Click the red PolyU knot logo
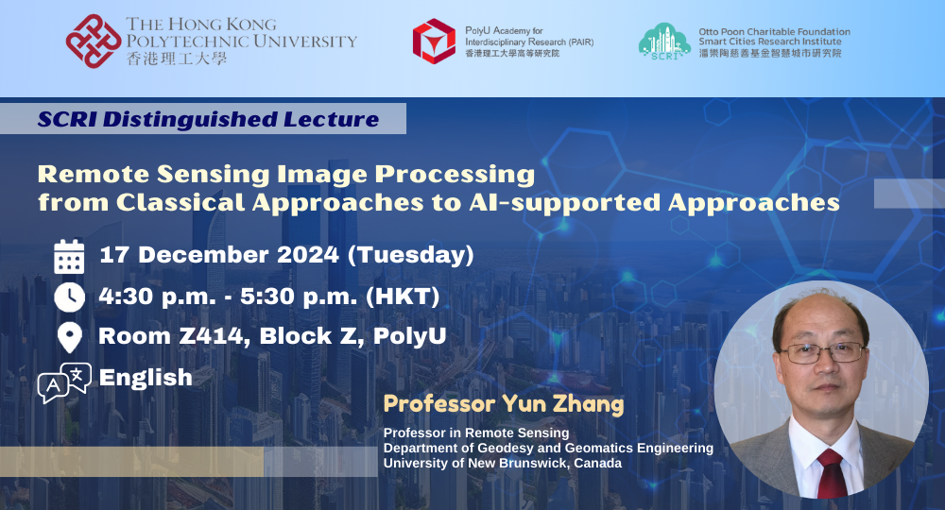tap(94, 41)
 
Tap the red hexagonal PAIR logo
tap(434, 41)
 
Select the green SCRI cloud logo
tap(664, 42)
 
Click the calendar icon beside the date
tap(69, 257)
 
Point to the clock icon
tap(69, 297)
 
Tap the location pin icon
tap(70, 337)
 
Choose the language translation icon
tap(64, 382)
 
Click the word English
tap(146, 378)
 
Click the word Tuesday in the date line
tap(410, 255)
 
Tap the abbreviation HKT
tap(403, 297)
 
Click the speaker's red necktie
tap(832, 473)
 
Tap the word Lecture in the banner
tap(332, 119)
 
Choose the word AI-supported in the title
tap(565, 203)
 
